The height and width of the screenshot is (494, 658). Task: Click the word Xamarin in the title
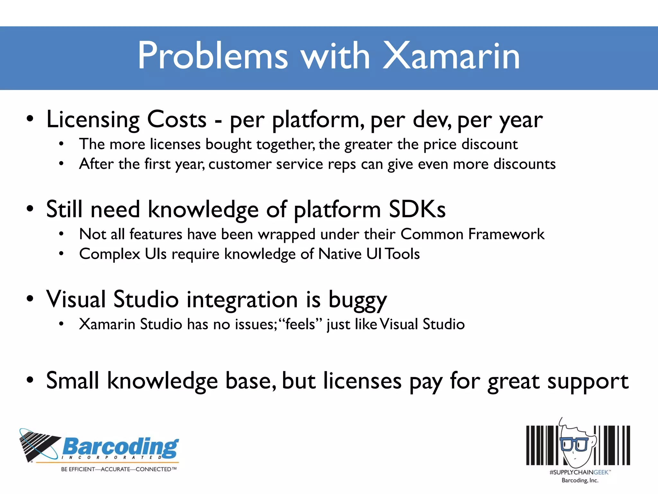click(x=451, y=56)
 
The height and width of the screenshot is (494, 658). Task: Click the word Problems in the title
click(x=213, y=56)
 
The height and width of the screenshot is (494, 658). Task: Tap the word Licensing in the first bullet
click(x=93, y=120)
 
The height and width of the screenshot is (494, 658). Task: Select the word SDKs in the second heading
click(x=417, y=209)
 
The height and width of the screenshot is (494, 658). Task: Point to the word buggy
click(x=357, y=300)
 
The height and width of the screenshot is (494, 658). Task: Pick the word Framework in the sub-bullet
click(x=506, y=234)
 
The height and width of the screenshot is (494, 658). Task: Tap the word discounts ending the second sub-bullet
click(x=524, y=164)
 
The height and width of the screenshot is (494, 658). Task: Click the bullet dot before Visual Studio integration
click(x=30, y=299)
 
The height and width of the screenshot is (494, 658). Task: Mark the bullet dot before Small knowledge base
click(x=30, y=380)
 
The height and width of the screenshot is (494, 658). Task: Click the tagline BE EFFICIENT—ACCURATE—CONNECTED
click(x=119, y=469)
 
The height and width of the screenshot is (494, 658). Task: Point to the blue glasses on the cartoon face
click(x=574, y=444)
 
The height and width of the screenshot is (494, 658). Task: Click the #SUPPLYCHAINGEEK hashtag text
click(x=580, y=472)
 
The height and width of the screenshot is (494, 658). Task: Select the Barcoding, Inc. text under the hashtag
click(x=580, y=480)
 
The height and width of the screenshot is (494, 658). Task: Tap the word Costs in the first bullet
click(x=176, y=120)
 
